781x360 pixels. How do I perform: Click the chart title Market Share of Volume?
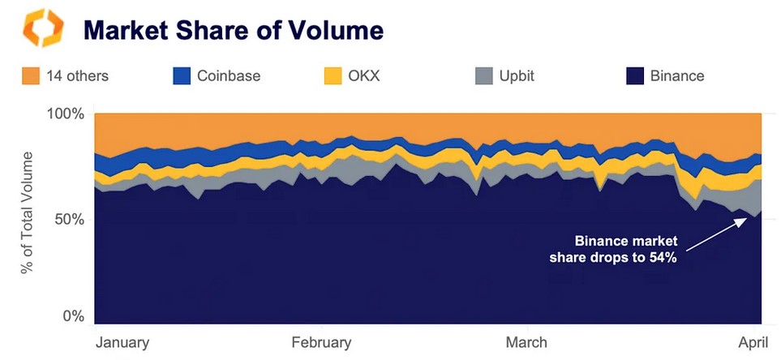pyautogui.click(x=234, y=32)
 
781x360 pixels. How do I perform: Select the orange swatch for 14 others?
pyautogui.click(x=31, y=76)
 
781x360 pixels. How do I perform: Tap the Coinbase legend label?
pyautogui.click(x=229, y=76)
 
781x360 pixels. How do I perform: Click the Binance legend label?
pyautogui.click(x=677, y=76)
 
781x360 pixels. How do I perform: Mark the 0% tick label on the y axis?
pyautogui.click(x=72, y=316)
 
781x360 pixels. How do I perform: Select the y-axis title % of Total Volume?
pyautogui.click(x=28, y=212)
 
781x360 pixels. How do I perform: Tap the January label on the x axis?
pyautogui.click(x=122, y=342)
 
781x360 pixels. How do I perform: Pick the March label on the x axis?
pyautogui.click(x=526, y=342)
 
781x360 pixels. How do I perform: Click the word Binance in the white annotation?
pyautogui.click(x=602, y=242)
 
